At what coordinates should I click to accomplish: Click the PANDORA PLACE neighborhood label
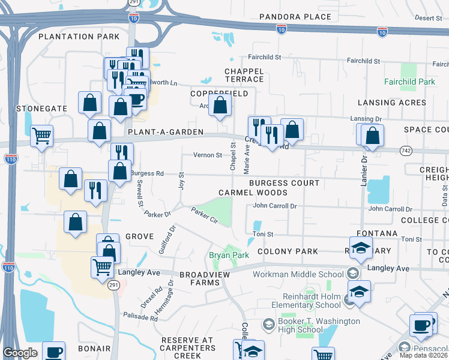click(x=295, y=16)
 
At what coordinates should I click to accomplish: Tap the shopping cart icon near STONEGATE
click(x=41, y=136)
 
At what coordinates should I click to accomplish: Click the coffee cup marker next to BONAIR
click(x=54, y=352)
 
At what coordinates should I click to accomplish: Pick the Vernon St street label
click(x=208, y=155)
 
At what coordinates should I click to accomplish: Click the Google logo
click(x=20, y=353)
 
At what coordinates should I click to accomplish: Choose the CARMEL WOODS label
click(x=253, y=193)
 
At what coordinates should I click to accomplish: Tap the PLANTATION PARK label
click(x=79, y=37)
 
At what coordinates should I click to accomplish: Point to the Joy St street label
click(x=181, y=180)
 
